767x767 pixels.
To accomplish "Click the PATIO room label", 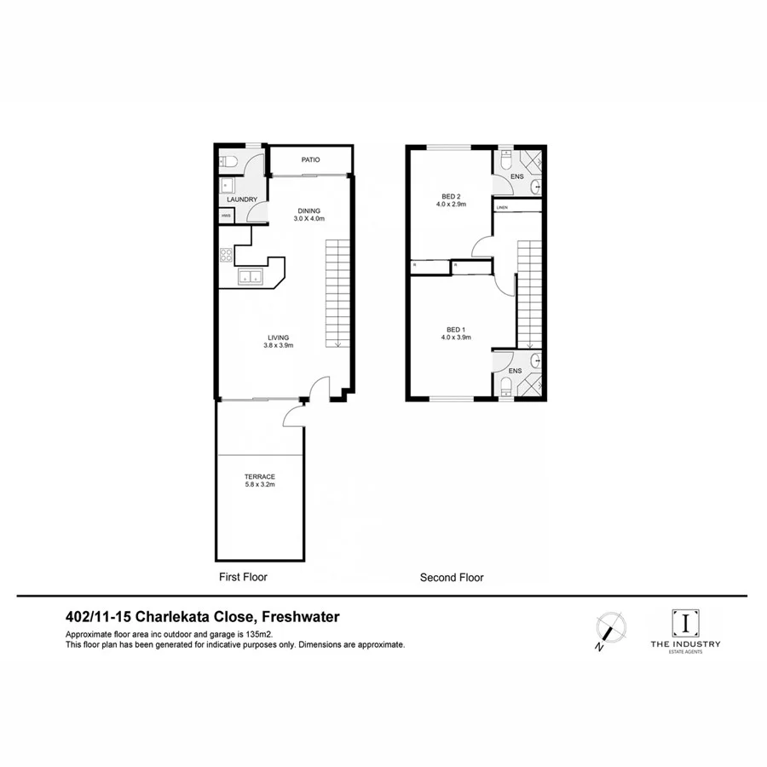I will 310,160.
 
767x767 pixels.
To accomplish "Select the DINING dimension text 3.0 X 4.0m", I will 310,219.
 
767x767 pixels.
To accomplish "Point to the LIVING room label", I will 278,337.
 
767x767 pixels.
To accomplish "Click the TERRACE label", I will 259,477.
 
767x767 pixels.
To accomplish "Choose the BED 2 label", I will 451,195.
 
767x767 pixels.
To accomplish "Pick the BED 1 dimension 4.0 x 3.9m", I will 455,337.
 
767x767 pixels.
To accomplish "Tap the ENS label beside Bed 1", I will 515,371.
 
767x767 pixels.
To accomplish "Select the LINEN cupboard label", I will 502,207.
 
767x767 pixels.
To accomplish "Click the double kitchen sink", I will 250,276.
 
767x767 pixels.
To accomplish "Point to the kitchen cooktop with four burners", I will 227,254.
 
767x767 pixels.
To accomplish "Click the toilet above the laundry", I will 228,161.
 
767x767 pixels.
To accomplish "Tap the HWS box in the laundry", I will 227,216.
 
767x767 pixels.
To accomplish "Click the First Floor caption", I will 243,577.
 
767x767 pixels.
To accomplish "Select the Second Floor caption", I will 452,577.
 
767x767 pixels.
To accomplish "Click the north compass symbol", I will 610,628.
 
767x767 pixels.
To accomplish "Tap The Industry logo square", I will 685,622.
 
